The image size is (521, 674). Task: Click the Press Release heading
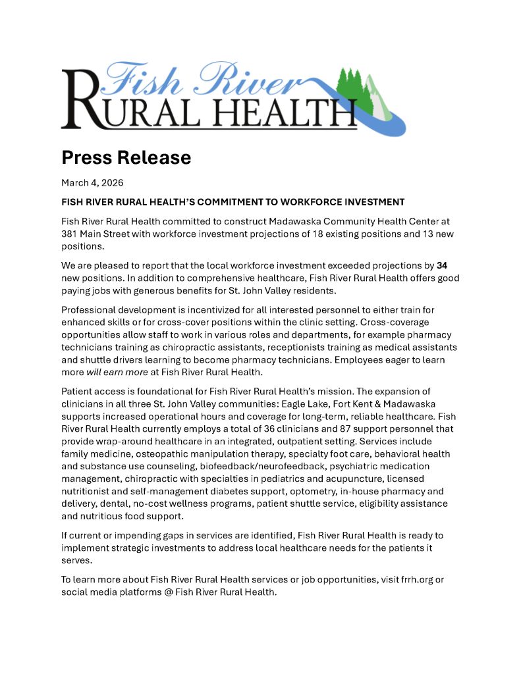point(126,157)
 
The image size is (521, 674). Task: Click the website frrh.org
point(422,579)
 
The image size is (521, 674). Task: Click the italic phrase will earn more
point(111,374)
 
